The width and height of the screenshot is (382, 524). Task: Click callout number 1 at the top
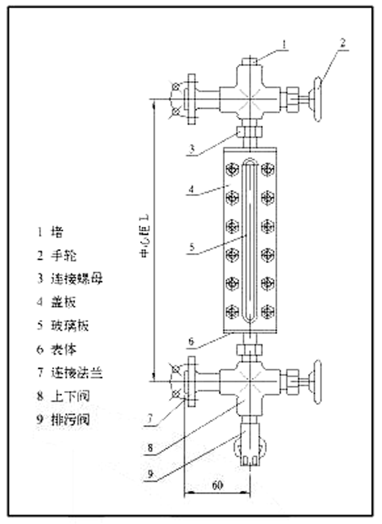coord(285,44)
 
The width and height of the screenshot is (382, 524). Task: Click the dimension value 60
coord(217,485)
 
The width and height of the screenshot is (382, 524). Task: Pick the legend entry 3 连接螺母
coord(70,279)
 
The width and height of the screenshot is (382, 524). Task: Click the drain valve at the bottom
coord(250,448)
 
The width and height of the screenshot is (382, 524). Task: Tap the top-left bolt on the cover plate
coord(232,169)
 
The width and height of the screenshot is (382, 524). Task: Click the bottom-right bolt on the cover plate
coord(268,311)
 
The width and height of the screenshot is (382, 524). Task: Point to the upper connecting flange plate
coord(192,98)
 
